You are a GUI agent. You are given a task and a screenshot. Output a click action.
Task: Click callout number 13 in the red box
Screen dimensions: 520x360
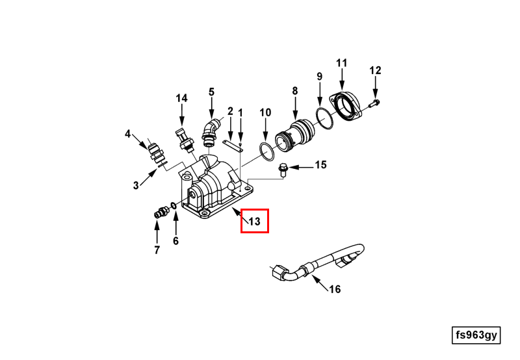click(254, 222)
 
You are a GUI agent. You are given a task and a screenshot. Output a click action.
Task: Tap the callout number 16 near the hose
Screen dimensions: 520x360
click(335, 289)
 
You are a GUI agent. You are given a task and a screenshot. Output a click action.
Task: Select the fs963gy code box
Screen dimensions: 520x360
click(476, 335)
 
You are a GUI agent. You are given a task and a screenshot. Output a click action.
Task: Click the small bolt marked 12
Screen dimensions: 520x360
click(374, 103)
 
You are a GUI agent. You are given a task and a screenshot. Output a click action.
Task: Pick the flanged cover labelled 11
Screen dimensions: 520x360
click(346, 106)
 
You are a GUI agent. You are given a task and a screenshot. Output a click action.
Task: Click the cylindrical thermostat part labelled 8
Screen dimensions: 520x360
click(295, 135)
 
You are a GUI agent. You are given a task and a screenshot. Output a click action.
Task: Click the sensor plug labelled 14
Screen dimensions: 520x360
click(184, 140)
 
